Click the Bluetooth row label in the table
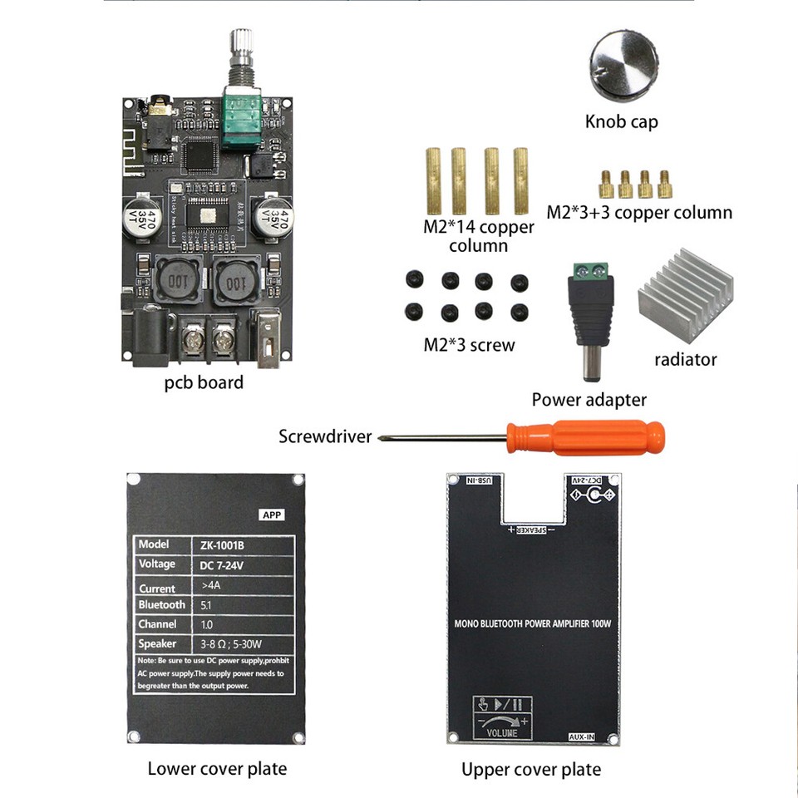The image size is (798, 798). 163,604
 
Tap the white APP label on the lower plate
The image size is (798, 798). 272,515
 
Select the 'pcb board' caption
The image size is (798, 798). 204,383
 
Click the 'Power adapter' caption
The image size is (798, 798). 589,400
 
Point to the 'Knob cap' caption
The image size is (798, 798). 621,122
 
